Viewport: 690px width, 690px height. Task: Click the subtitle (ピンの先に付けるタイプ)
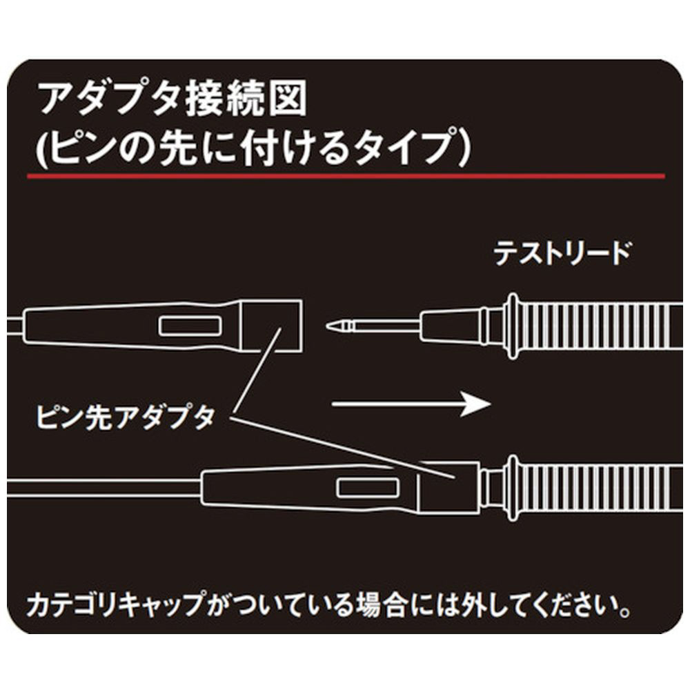254,146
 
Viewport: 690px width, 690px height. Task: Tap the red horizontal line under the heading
346,176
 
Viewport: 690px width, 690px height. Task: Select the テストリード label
562,253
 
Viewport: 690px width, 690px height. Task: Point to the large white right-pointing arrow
411,404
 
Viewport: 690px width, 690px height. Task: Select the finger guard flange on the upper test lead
512,326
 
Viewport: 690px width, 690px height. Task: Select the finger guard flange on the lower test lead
512,489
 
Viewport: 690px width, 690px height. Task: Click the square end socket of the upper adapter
282,326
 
